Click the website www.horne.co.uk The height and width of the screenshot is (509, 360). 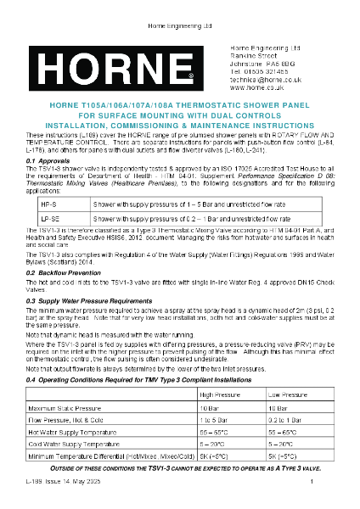pos(258,85)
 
